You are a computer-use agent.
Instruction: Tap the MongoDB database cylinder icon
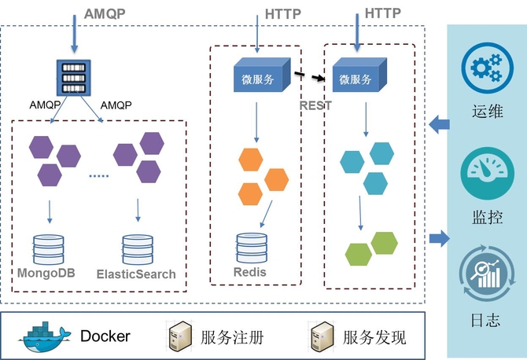coord(50,249)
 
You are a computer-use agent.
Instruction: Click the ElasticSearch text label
coord(136,275)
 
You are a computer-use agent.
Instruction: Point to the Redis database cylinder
coord(252,248)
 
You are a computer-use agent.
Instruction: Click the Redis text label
coord(250,273)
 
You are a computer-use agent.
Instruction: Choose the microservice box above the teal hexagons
coord(359,77)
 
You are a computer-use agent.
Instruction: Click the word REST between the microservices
coord(316,105)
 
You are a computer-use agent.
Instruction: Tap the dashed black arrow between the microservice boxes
coord(311,76)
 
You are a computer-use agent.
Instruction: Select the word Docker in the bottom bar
coord(105,337)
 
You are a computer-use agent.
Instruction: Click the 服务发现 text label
coord(374,338)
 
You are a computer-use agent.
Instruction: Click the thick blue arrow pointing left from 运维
coord(439,122)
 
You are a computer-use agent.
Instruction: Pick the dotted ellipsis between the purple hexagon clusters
coord(98,176)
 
